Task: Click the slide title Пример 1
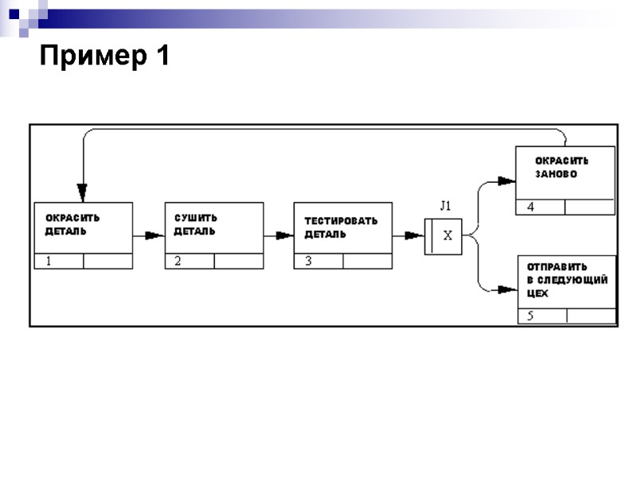(x=104, y=56)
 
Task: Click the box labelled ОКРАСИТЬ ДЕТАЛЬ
(x=83, y=228)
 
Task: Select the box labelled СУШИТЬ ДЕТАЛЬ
(x=213, y=228)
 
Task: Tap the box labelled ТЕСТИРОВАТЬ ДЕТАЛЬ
(x=343, y=228)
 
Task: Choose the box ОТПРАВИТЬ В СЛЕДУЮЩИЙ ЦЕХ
(x=567, y=281)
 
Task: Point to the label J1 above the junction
(x=446, y=205)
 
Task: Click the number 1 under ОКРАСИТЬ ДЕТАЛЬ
(x=48, y=262)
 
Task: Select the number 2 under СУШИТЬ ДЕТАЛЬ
(x=178, y=262)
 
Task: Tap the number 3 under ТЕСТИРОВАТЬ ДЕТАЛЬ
(x=307, y=262)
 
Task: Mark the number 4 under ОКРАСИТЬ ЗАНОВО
(x=530, y=207)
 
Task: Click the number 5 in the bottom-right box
(x=531, y=316)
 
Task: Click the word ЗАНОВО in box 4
(x=556, y=174)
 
